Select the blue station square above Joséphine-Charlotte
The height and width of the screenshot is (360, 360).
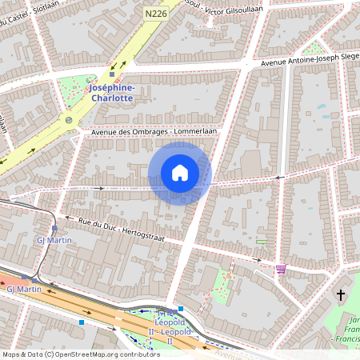(112, 75)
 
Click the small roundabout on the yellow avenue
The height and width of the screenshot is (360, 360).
(70, 121)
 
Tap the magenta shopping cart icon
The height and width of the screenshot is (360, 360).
(281, 269)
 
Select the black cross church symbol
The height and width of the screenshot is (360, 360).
(340, 295)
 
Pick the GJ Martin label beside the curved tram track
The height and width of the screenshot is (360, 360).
(50, 239)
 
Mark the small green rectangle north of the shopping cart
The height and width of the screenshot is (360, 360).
(262, 242)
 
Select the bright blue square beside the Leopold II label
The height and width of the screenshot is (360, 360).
(182, 309)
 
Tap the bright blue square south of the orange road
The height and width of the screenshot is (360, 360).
(82, 322)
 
